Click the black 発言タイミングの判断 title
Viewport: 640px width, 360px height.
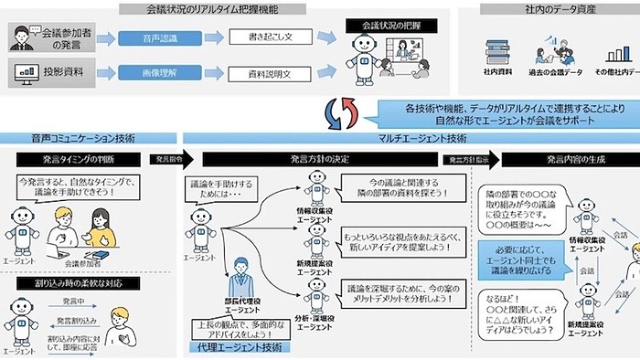(80, 160)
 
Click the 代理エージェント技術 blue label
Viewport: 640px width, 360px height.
(240, 348)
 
